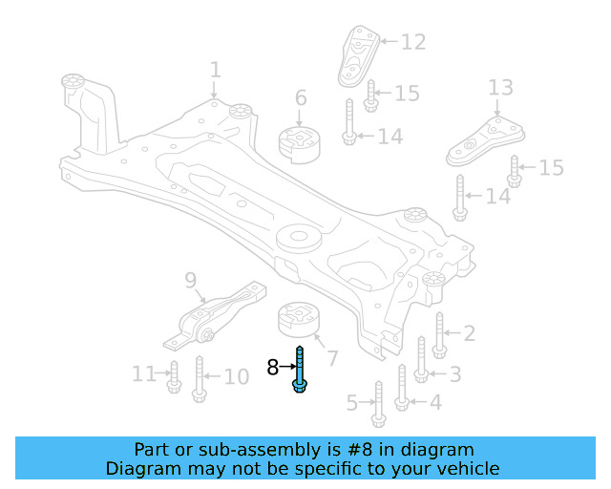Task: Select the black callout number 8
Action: [273, 367]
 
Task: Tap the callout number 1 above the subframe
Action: [215, 70]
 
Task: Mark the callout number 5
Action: [352, 404]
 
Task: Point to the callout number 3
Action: [455, 373]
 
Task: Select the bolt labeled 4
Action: [402, 387]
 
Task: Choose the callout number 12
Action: [412, 42]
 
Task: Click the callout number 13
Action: [500, 89]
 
